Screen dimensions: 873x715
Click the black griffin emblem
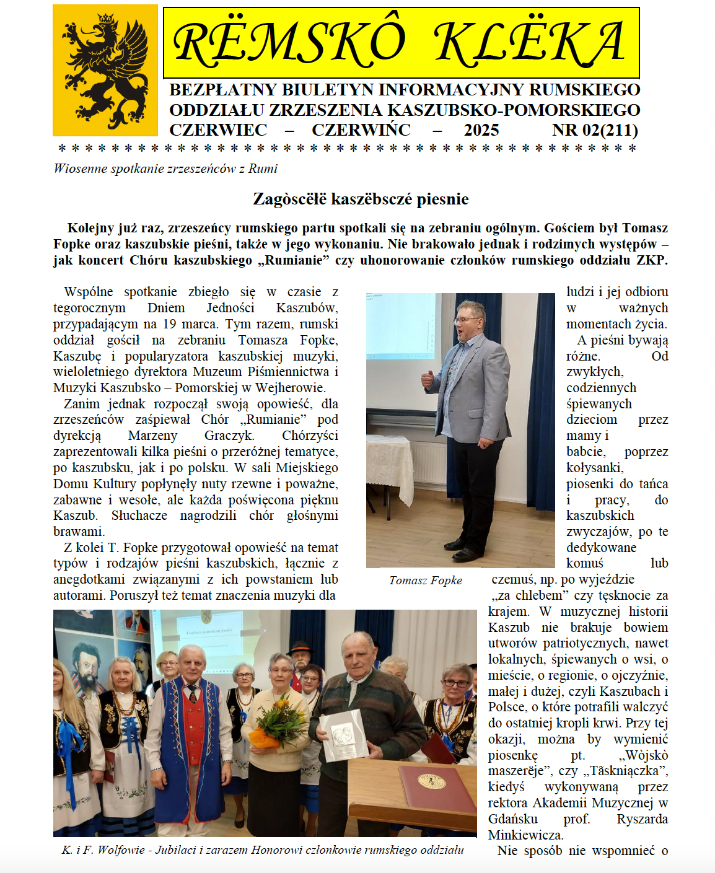tap(105, 71)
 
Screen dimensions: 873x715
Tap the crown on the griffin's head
tap(106, 19)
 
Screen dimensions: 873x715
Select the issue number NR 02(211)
tap(595, 130)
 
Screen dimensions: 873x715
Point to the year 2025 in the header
tap(481, 130)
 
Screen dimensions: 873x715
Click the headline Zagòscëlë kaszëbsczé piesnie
tap(361, 199)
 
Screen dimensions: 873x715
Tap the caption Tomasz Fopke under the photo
tap(426, 581)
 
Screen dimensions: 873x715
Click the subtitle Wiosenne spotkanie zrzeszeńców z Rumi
tap(165, 169)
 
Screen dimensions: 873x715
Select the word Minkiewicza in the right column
tap(525, 835)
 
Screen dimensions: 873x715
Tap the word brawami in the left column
tap(79, 532)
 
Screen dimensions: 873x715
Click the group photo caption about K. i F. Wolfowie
tap(263, 850)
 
